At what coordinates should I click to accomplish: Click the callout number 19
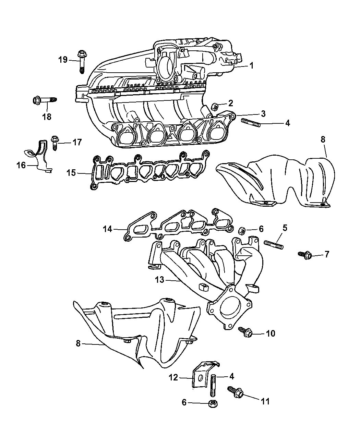pyautogui.click(x=63, y=60)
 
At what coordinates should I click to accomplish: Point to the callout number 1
pyautogui.click(x=251, y=65)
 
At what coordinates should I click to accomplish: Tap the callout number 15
pyautogui.click(x=71, y=173)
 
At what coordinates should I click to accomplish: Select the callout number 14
pyautogui.click(x=108, y=229)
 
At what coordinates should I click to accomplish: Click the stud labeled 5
pyautogui.click(x=273, y=244)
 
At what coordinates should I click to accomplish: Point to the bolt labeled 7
pyautogui.click(x=305, y=255)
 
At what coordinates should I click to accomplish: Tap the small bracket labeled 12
pyautogui.click(x=199, y=375)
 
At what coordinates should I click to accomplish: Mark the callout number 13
pyautogui.click(x=159, y=280)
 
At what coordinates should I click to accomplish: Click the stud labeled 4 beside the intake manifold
pyautogui.click(x=251, y=122)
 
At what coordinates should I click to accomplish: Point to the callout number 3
pyautogui.click(x=263, y=113)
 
